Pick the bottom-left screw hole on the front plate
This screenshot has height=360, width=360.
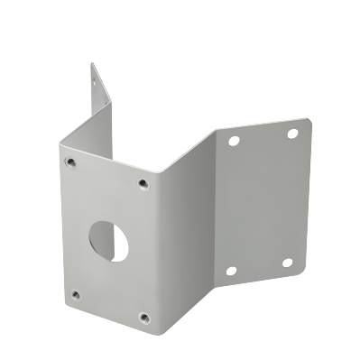[x=76, y=293]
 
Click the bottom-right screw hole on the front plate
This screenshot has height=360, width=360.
[x=143, y=317]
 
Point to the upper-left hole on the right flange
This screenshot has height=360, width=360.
[x=234, y=142]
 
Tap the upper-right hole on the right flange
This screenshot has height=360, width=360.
[x=292, y=133]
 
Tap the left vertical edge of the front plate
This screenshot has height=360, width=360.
[x=60, y=226]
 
